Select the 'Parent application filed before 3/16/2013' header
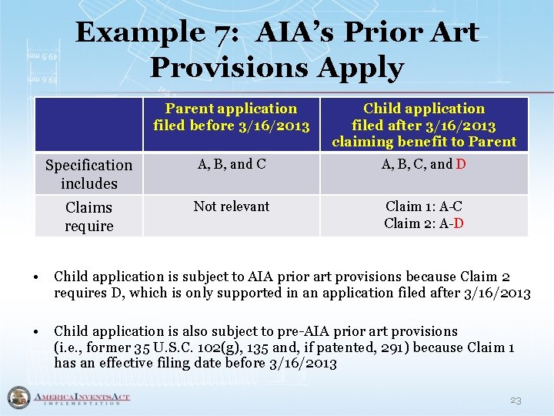(232, 117)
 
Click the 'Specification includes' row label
(89, 174)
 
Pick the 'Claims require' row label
(89, 216)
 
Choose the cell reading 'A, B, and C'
(232, 163)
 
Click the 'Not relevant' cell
(232, 206)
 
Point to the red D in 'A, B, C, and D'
(461, 164)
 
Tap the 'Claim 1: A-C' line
(424, 206)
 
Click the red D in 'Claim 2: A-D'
(459, 223)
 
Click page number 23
(516, 401)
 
